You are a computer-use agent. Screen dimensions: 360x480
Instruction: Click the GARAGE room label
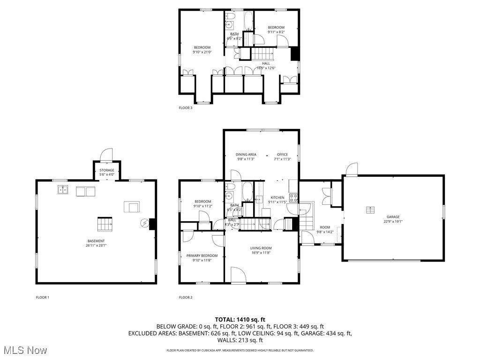[x=393, y=217]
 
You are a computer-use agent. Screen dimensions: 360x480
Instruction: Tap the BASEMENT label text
[x=96, y=241]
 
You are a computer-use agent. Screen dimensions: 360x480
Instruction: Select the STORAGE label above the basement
[x=106, y=170]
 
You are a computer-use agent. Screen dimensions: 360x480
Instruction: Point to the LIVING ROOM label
[x=261, y=248]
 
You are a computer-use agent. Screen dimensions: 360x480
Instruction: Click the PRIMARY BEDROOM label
[x=202, y=255]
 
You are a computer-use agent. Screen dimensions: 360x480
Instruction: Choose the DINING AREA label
[x=246, y=154]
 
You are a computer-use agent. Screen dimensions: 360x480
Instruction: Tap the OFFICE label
[x=282, y=154]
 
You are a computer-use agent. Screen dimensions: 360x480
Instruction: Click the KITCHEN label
[x=277, y=198]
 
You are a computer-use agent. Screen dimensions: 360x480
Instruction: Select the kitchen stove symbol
[x=294, y=198]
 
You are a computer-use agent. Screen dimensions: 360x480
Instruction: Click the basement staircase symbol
[x=105, y=224]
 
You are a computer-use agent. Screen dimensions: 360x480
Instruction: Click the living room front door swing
[x=238, y=275]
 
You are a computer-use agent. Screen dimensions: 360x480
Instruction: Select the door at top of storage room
[x=107, y=155]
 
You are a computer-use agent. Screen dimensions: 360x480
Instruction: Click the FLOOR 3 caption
[x=186, y=108]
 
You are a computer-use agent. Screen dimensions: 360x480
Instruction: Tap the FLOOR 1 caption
[x=43, y=297]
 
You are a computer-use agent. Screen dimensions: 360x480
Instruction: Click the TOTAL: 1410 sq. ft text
[x=240, y=319]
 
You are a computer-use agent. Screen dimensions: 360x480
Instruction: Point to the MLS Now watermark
[x=24, y=350]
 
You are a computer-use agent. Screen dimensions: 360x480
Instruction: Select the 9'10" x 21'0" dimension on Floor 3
[x=202, y=52]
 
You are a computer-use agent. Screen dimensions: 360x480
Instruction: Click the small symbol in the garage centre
[x=370, y=210]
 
